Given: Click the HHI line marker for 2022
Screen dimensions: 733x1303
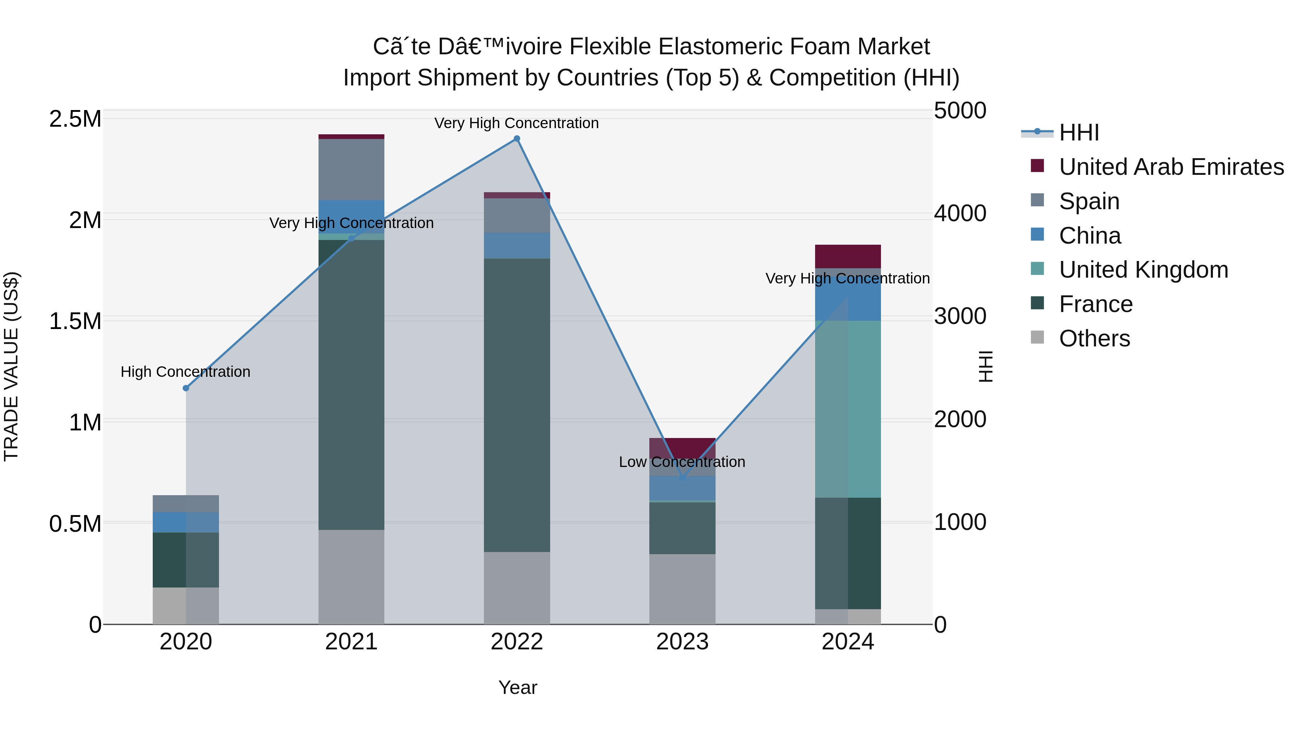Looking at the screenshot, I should tap(516, 139).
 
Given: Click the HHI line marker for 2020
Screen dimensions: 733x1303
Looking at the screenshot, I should tap(186, 388).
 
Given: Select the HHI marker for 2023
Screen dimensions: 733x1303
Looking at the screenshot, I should tap(682, 477).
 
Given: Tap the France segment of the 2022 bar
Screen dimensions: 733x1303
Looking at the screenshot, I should tap(516, 405).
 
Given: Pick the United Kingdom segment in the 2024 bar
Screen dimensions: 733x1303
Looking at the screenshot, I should tap(848, 409).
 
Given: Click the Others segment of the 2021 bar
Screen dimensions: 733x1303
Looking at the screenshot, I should tap(351, 577).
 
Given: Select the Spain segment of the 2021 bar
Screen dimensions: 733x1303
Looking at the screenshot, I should tap(351, 169).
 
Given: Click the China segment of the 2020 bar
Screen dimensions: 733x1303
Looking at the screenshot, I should tap(186, 522).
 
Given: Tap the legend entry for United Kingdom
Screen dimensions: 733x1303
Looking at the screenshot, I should tap(1143, 270).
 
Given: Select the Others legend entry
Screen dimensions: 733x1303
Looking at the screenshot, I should tap(1094, 338).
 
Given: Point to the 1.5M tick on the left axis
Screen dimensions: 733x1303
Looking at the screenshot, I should tap(75, 321).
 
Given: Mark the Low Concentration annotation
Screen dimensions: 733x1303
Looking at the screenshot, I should tap(682, 462).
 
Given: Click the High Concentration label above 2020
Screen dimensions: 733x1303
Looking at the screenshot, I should tap(185, 372).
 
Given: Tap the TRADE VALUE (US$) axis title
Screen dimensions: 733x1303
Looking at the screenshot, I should tap(11, 366).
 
